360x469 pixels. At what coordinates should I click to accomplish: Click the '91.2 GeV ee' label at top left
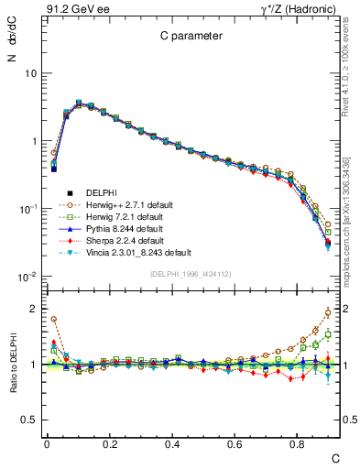[x=75, y=9]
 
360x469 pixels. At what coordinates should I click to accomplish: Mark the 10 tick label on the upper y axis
[x=30, y=73]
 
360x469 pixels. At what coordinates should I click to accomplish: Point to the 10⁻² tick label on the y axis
[x=27, y=277]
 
